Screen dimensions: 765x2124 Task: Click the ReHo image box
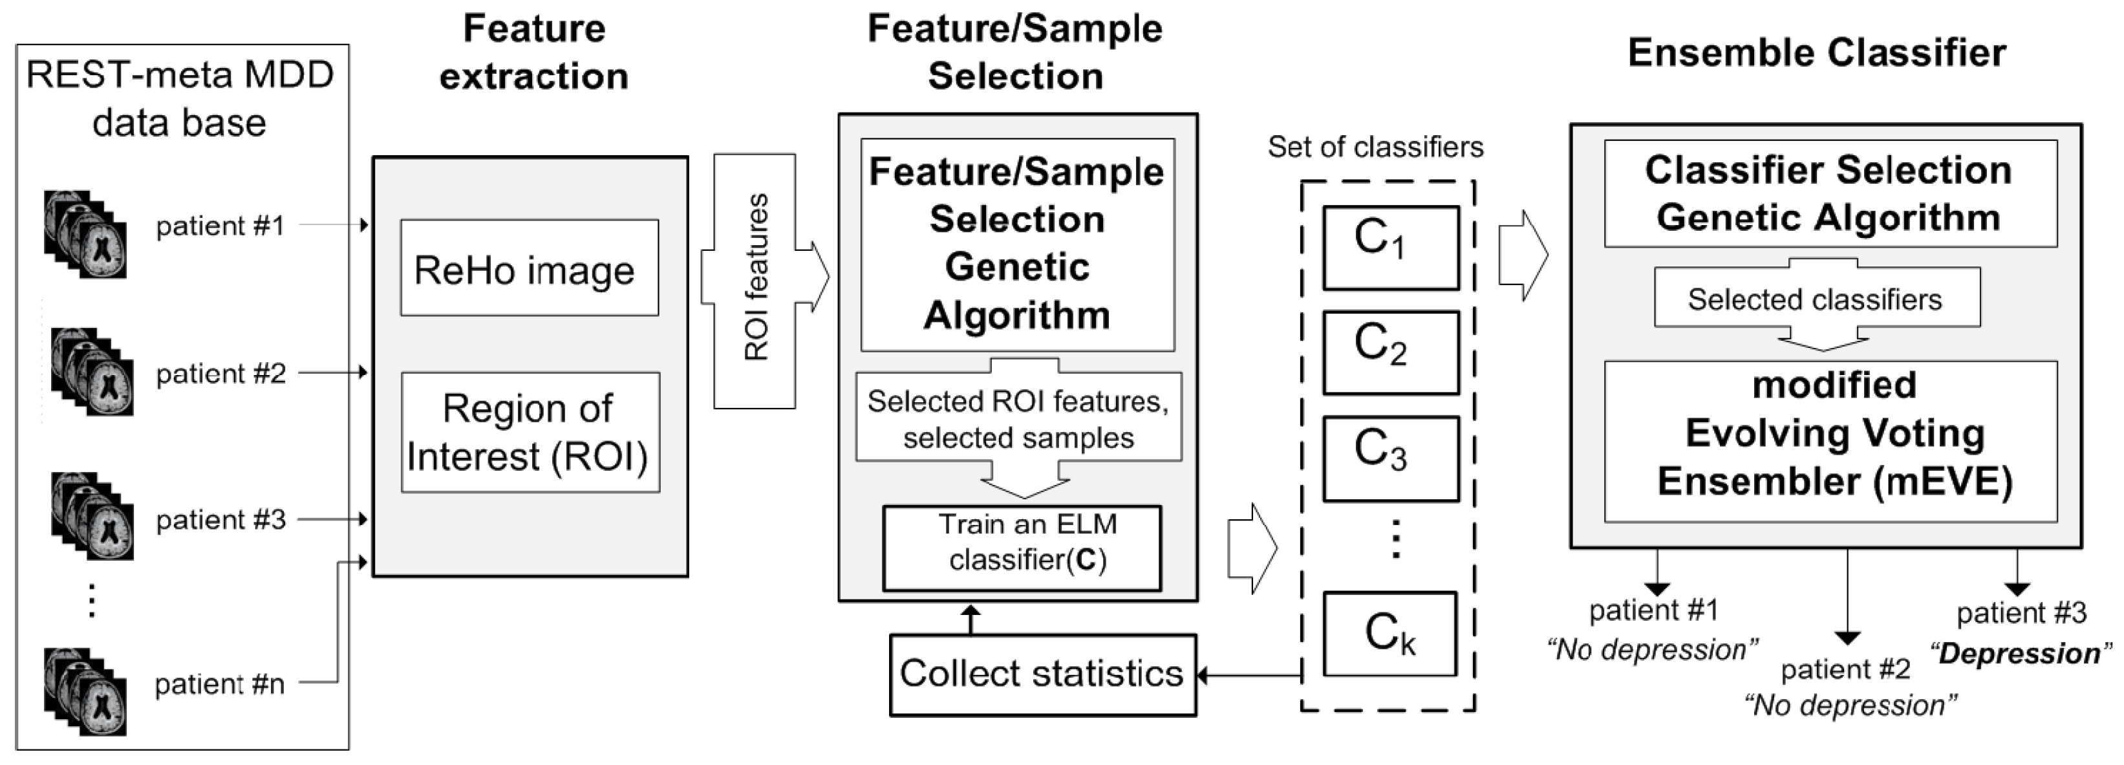pyautogui.click(x=530, y=268)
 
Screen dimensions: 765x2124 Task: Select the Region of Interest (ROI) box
pyautogui.click(x=530, y=433)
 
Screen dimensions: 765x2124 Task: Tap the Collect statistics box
pyautogui.click(x=1042, y=674)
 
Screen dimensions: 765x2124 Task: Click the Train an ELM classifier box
pyautogui.click(x=1022, y=547)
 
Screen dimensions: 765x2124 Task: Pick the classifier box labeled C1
pyautogui.click(x=1391, y=247)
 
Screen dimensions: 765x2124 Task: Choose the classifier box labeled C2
pyautogui.click(x=1391, y=353)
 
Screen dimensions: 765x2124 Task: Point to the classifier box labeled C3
pyautogui.click(x=1391, y=458)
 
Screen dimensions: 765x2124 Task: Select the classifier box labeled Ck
pyautogui.click(x=1390, y=634)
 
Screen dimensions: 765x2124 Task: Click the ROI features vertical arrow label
pyautogui.click(x=756, y=279)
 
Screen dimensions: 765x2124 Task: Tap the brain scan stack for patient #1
pyautogui.click(x=86, y=235)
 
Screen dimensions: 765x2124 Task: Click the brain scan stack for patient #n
pyautogui.click(x=86, y=691)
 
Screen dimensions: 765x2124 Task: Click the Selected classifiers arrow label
pyautogui.click(x=1815, y=299)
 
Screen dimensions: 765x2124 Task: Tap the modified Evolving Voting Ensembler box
pyautogui.click(x=1830, y=441)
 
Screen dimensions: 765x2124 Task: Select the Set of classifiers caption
pyautogui.click(x=1375, y=147)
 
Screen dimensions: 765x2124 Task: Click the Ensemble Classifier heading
pyautogui.click(x=1816, y=54)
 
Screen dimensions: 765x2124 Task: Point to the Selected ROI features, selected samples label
pyautogui.click(x=1018, y=419)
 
